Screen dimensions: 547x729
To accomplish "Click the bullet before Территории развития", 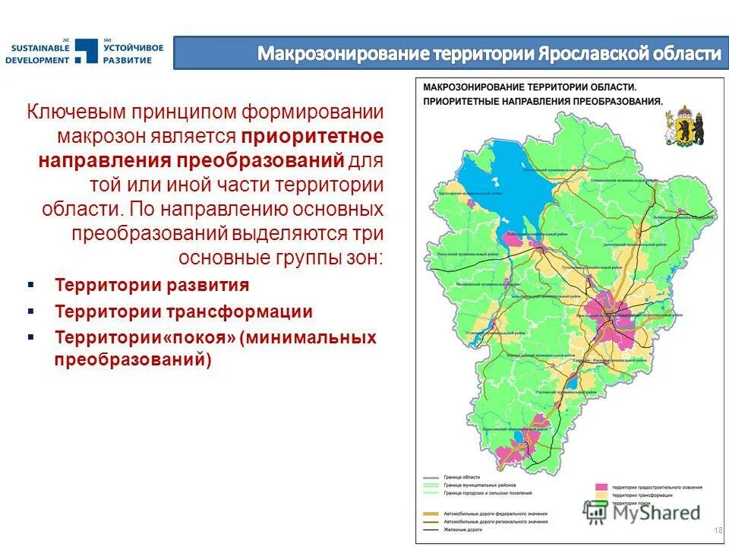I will [x=31, y=285].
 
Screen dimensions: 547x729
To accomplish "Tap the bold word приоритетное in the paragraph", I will [x=313, y=138].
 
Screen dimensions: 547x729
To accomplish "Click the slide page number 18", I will [x=718, y=529].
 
